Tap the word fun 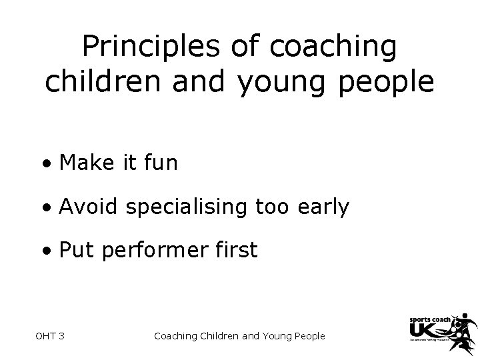click(x=161, y=163)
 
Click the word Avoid click(x=87, y=207)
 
